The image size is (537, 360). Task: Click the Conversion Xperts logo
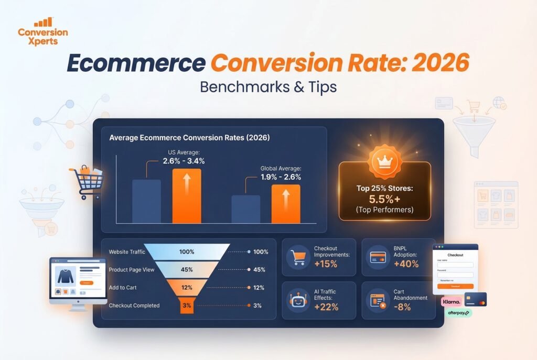[x=42, y=32]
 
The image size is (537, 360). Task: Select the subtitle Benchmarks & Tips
[x=268, y=86]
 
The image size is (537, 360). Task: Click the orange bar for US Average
[x=187, y=196]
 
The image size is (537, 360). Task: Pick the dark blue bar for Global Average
[x=245, y=209]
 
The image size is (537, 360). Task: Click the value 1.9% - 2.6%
[x=281, y=177]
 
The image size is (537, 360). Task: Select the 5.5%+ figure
[x=384, y=200]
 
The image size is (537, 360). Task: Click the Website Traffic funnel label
[x=126, y=252]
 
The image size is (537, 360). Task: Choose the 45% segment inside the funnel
[x=186, y=270]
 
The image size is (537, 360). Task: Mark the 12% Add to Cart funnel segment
[x=186, y=288]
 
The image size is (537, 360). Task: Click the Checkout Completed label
[x=134, y=306]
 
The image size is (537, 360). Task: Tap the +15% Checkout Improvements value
[x=326, y=264]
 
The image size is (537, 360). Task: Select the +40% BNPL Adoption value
[x=406, y=264]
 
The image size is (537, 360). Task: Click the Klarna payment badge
[x=451, y=302]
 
